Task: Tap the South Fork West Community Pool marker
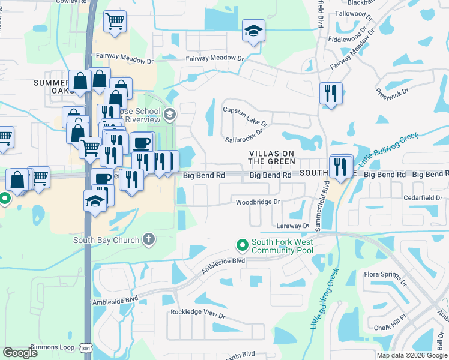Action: tap(243, 245)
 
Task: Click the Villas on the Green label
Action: tap(273, 158)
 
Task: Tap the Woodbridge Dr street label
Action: tap(258, 202)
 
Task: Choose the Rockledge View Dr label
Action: tap(197, 314)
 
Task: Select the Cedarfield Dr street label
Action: tap(424, 197)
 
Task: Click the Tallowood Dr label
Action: tap(360, 13)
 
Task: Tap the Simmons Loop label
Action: tap(53, 347)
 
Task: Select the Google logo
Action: tap(20, 353)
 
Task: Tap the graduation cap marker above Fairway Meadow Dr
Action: tap(253, 31)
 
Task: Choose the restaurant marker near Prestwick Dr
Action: tap(331, 93)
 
